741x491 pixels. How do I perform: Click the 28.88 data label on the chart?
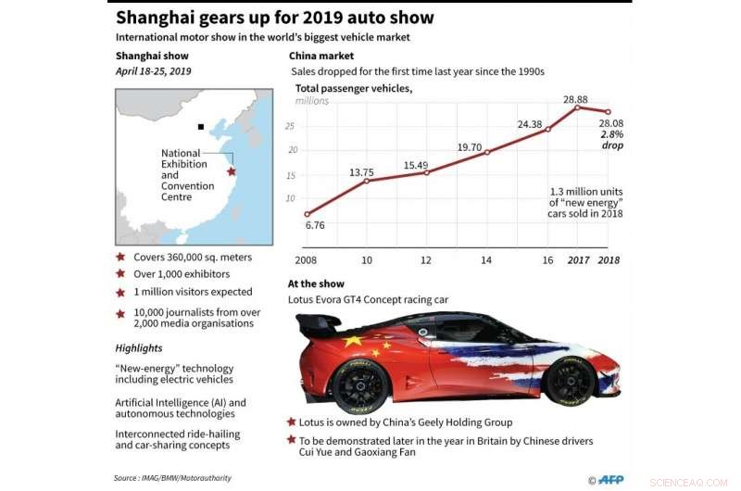[577, 98]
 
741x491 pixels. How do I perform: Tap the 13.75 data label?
[361, 172]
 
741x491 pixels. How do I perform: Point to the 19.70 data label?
[471, 146]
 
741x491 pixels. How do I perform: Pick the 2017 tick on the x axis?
[579, 259]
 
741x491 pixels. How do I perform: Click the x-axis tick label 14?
[486, 259]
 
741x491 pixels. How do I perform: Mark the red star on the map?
[232, 171]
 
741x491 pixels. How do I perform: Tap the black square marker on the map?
[201, 126]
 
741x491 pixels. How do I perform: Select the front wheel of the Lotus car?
[569, 381]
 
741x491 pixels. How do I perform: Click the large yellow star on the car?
[353, 342]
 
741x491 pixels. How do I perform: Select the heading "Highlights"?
[139, 348]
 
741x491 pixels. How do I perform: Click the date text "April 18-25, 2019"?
[155, 70]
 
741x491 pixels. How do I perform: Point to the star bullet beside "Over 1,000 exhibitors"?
[120, 274]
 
